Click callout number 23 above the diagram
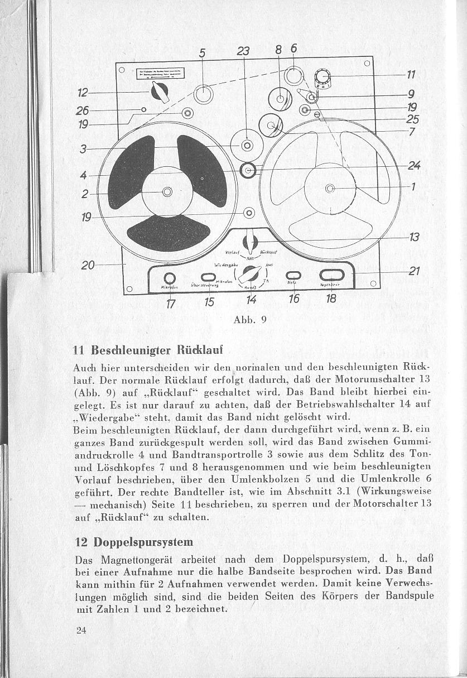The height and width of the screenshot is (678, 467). (x=243, y=51)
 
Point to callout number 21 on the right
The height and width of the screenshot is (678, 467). (x=413, y=272)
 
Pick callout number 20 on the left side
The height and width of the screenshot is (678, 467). (x=88, y=265)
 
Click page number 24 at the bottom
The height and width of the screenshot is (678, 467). (x=81, y=631)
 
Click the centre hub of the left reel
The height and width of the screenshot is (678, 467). (x=166, y=192)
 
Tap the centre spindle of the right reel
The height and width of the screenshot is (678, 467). (x=330, y=188)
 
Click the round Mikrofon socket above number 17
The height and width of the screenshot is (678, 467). (x=170, y=278)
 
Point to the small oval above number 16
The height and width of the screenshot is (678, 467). (x=293, y=275)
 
